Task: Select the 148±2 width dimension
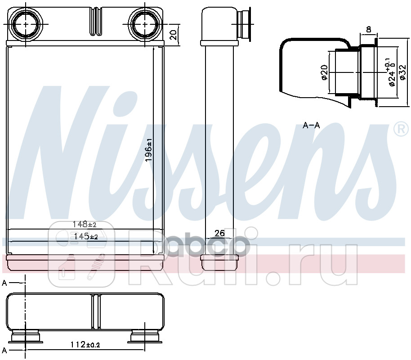pos(85,224)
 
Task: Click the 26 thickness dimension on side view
pos(219,233)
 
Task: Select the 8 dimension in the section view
pos(368,30)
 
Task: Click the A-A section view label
pos(311,126)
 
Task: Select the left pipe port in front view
pos(26,24)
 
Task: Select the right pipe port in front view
pos(146,24)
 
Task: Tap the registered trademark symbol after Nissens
pos(399,129)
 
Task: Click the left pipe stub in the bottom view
pos(26,337)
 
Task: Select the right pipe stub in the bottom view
pos(146,337)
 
